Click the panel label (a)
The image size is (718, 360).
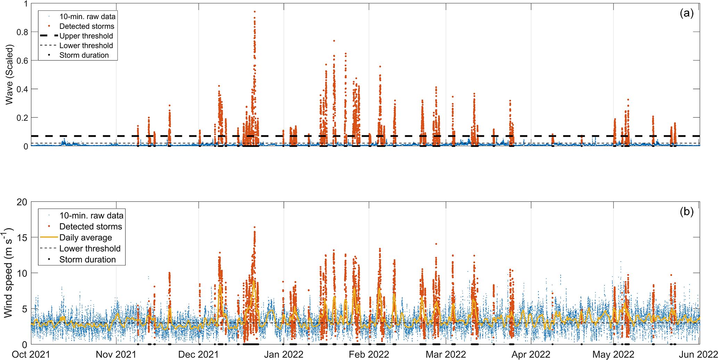click(x=686, y=13)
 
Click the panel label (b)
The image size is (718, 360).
click(x=686, y=211)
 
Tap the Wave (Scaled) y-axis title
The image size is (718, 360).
click(x=9, y=75)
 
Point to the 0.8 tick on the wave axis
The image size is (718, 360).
click(x=22, y=32)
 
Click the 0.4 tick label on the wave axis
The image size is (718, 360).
click(x=22, y=89)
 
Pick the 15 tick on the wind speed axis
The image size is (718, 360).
click(x=22, y=237)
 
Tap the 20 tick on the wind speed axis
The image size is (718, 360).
click(x=22, y=202)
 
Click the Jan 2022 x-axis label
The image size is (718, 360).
click(x=284, y=354)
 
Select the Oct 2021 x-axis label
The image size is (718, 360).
click(x=31, y=354)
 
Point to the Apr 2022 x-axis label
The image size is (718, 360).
click(x=531, y=354)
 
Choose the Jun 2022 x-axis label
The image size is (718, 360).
click(x=698, y=354)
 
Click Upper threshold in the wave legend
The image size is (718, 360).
click(x=86, y=36)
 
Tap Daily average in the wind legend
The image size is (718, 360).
click(x=85, y=237)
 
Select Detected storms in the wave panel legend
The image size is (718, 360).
click(x=86, y=26)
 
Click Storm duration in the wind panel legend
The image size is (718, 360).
click(x=87, y=259)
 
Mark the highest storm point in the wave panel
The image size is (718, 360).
click(x=255, y=11)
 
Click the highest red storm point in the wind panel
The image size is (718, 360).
click(x=255, y=227)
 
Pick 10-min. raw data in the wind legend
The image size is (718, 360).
click(x=91, y=216)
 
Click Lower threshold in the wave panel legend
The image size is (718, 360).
click(x=86, y=45)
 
